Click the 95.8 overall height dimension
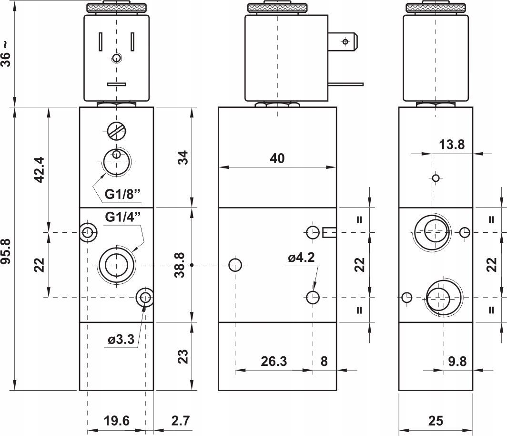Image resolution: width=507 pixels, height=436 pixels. (7, 251)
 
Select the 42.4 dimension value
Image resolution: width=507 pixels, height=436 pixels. (40, 170)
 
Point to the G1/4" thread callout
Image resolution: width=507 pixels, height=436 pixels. (123, 217)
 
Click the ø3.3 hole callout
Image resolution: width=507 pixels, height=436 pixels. (121, 339)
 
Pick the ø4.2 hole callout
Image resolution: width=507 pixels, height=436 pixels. (301, 258)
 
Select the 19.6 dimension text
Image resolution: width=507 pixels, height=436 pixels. (116, 421)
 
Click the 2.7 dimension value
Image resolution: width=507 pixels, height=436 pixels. (181, 421)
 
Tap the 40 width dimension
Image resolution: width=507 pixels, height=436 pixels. (277, 158)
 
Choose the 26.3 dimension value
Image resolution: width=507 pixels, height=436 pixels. (274, 361)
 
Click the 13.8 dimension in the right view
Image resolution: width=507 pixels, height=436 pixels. (452, 145)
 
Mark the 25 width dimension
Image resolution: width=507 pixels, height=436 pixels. (436, 421)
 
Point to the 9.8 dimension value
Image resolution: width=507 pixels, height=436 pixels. (457, 361)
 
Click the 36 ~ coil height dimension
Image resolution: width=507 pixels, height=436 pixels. (7, 54)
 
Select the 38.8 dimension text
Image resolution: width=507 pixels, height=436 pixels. (180, 265)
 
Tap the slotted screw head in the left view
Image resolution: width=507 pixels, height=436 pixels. (116, 131)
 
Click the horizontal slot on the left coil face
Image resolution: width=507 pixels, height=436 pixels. (116, 84)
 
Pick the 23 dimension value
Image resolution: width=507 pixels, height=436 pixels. (183, 356)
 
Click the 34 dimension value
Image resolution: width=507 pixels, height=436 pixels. (183, 157)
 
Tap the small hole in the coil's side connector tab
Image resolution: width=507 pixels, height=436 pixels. (345, 42)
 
